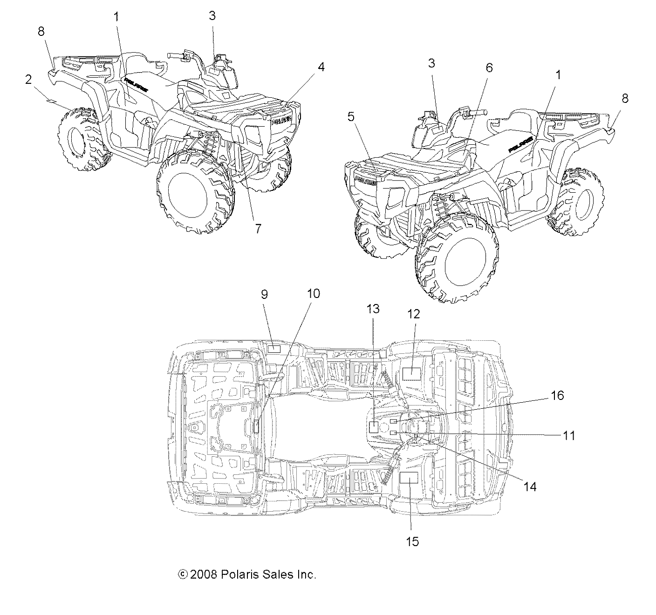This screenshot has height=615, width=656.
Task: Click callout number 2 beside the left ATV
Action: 28,80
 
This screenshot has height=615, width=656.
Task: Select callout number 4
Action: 321,67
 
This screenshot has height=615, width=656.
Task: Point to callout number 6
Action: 489,68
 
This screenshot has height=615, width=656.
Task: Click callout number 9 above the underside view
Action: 264,294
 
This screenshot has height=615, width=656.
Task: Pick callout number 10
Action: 314,293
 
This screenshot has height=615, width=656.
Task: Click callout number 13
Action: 373,309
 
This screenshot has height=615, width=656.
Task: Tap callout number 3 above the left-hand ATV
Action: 212,16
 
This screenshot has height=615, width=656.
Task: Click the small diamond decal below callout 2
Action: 51,101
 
